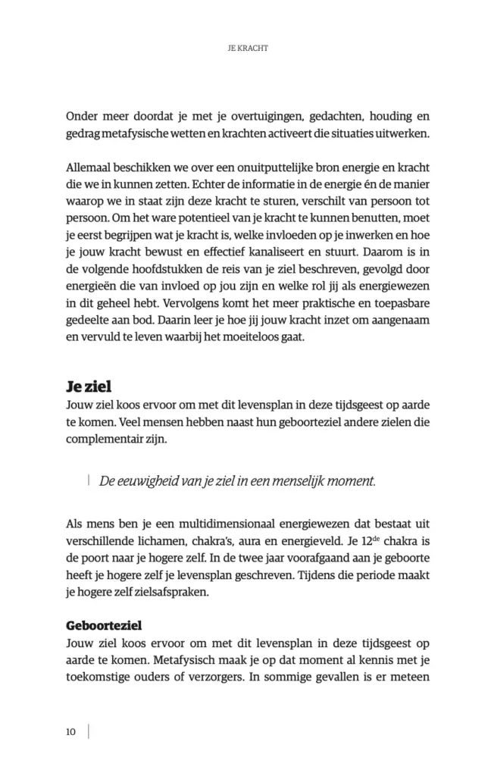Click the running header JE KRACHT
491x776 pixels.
[x=249, y=47]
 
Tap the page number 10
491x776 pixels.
[x=70, y=731]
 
